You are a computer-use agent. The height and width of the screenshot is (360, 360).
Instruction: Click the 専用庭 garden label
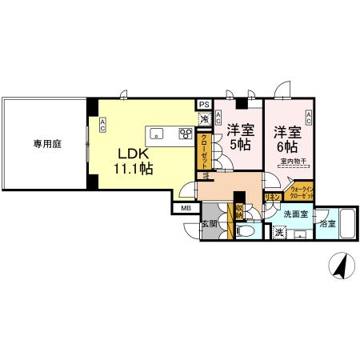[47, 144]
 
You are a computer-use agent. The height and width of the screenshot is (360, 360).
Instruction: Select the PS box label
[204, 104]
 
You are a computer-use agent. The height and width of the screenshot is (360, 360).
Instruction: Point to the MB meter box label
[186, 209]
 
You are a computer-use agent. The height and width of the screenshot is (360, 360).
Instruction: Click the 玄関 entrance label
[209, 224]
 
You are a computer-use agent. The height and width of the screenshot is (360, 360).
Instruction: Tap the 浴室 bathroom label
[327, 225]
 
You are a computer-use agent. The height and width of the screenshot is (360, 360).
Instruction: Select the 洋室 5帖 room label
[239, 137]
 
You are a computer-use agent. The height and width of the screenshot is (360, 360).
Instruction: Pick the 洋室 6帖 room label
[286, 139]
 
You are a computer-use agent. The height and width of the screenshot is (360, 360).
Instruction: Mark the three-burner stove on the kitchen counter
[186, 134]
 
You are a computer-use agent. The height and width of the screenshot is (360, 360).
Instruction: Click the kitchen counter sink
[157, 134]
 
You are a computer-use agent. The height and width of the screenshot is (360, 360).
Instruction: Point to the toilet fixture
[246, 231]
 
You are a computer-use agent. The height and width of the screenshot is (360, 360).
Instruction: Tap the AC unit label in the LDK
[102, 124]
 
